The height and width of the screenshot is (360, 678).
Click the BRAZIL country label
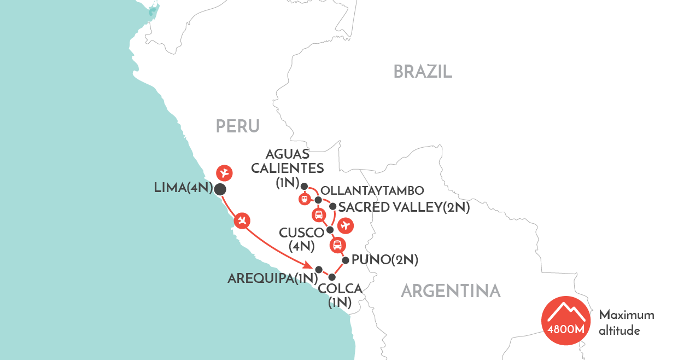[423, 71]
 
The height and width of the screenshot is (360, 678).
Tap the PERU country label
[237, 126]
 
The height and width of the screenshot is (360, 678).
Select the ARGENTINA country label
[451, 291]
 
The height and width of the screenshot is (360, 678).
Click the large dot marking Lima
[220, 189]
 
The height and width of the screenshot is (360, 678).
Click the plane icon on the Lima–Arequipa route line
[242, 220]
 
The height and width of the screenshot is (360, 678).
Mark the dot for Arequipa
[319, 269]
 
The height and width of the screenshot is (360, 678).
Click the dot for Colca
[331, 277]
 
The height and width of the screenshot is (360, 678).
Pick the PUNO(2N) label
[385, 260]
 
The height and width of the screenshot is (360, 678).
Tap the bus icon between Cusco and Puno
[338, 245]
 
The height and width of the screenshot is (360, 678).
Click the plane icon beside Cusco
[344, 225]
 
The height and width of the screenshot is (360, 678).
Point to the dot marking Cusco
[330, 230]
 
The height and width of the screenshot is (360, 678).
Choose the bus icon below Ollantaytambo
[318, 214]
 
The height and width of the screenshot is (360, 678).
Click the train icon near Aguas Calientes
[304, 199]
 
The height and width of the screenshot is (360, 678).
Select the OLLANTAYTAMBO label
[373, 191]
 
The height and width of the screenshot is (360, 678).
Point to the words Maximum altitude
[626, 323]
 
